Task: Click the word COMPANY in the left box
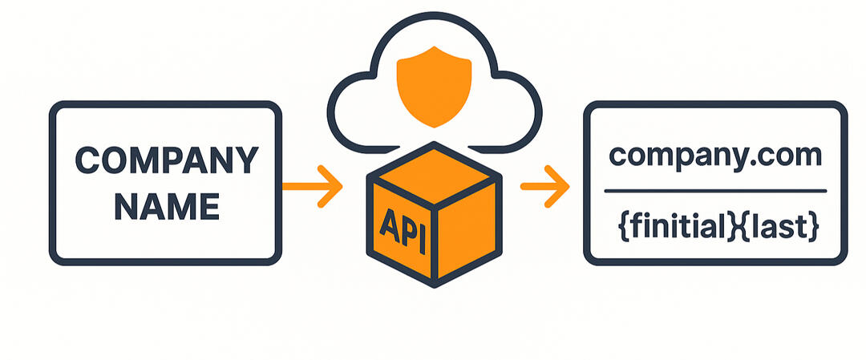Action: coord(166,160)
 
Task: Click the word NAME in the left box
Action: coord(166,207)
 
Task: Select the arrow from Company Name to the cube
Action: coord(313,186)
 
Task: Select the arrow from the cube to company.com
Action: coord(545,186)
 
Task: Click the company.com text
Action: coord(715,155)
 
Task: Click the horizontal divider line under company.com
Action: coord(715,191)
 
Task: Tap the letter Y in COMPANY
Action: coord(245,160)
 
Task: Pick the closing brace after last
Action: coord(815,229)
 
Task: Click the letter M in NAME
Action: coord(179,207)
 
